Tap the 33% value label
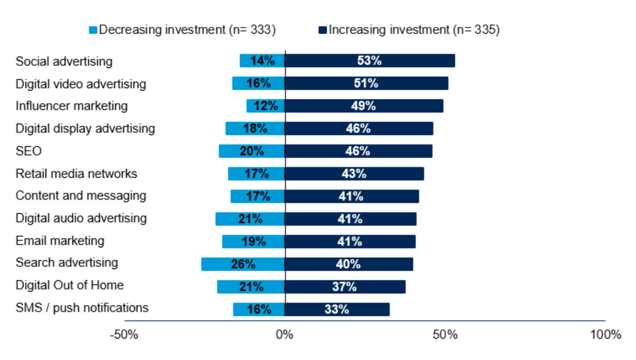click(x=337, y=310)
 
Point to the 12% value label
click(x=266, y=106)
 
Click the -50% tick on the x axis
click(x=124, y=335)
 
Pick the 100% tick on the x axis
click(x=605, y=335)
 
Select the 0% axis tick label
click(x=285, y=335)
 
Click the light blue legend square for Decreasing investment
click(x=93, y=30)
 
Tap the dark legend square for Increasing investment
click(x=322, y=30)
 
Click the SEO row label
click(x=29, y=151)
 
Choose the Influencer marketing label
click(x=72, y=106)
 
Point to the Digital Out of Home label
click(x=70, y=285)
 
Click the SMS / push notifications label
click(x=82, y=308)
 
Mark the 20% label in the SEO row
click(x=252, y=151)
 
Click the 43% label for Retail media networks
click(x=354, y=174)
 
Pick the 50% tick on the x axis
click(x=445, y=335)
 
